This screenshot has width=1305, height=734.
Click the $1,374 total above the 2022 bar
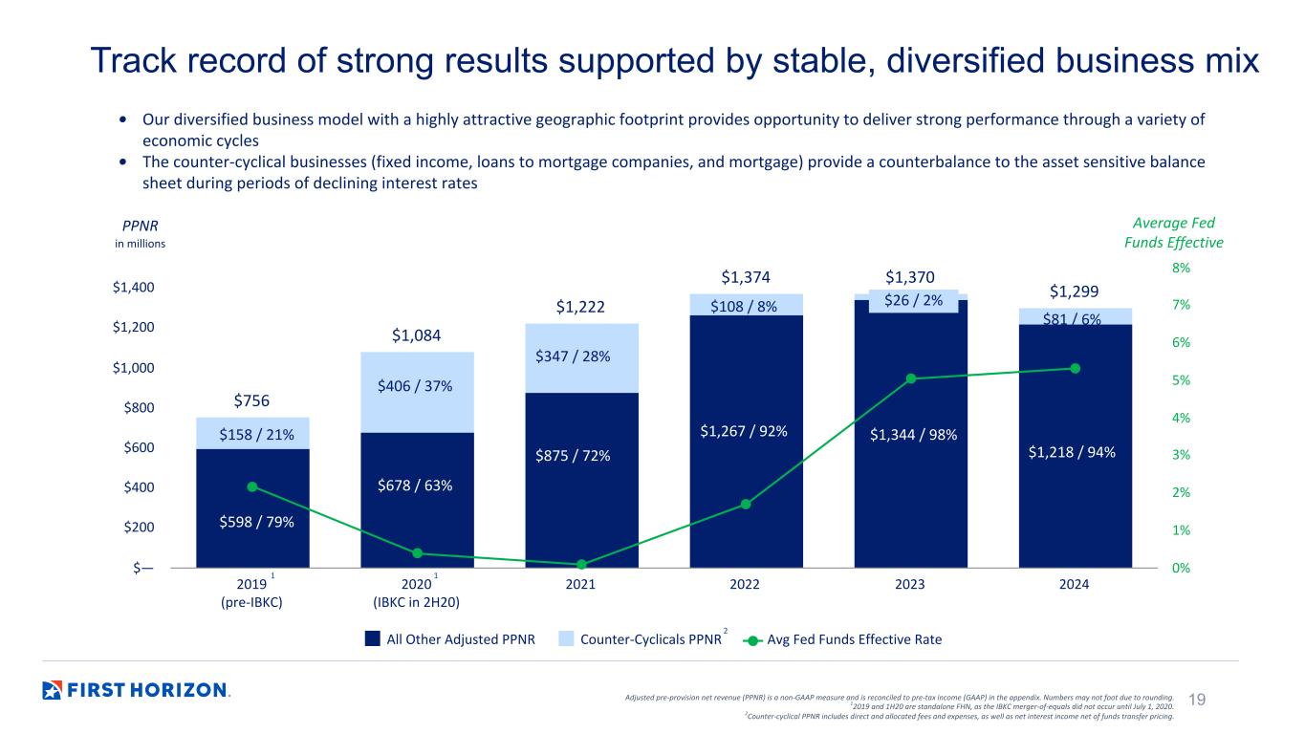745,277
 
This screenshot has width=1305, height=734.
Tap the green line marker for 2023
911,378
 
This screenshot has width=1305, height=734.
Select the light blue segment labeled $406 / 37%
417,392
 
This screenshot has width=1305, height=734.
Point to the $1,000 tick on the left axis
134,368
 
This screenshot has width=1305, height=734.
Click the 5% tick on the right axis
1181,380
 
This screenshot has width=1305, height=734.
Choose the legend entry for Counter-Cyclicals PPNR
643,639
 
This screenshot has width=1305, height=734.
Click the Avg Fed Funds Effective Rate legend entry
842,639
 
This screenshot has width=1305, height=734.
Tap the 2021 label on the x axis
580,584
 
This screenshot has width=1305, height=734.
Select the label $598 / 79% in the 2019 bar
256,522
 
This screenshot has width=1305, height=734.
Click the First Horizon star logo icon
52,690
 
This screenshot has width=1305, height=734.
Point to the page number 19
1197,699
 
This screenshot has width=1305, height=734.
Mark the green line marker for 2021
581,565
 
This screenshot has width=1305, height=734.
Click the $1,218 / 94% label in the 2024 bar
1072,452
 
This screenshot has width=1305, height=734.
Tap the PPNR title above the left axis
140,226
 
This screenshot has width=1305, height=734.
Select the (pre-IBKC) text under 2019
251,602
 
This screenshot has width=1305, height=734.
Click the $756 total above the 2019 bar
251,400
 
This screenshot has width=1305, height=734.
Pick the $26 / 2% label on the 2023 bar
913,300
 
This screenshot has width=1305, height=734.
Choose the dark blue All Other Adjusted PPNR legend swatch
372,638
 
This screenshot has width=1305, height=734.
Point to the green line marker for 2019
252,486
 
